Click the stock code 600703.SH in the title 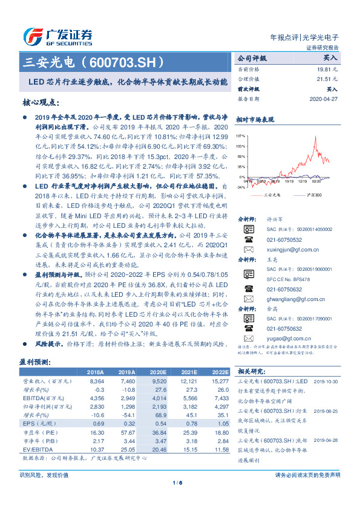125,62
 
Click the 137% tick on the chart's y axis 240,137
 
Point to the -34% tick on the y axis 240,187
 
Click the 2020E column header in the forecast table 157,372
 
